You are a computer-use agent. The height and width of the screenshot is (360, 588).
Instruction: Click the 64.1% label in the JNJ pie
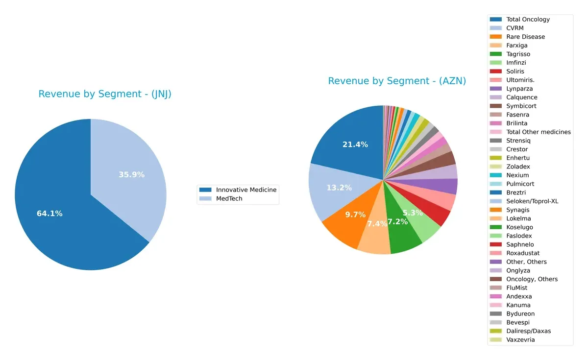tap(49, 214)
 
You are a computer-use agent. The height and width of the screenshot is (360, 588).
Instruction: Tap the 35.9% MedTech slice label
tap(131, 174)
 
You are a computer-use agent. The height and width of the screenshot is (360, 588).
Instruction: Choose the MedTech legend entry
tap(229, 198)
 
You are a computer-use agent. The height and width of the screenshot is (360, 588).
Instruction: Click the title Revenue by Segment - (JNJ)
tap(105, 94)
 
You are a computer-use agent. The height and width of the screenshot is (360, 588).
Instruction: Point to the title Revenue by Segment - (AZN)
tap(397, 81)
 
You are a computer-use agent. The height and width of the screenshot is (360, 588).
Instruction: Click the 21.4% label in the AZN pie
tap(355, 144)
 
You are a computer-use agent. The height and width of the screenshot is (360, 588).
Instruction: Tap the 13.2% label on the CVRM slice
tap(339, 188)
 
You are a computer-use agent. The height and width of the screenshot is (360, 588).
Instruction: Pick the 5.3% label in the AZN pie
tap(413, 213)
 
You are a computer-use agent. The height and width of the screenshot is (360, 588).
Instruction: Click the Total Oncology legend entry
tap(528, 20)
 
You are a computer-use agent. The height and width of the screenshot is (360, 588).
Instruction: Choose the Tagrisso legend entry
tap(518, 54)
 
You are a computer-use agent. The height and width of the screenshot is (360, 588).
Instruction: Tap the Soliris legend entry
tap(515, 72)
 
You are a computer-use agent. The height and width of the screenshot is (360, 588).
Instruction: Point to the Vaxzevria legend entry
tap(520, 340)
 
